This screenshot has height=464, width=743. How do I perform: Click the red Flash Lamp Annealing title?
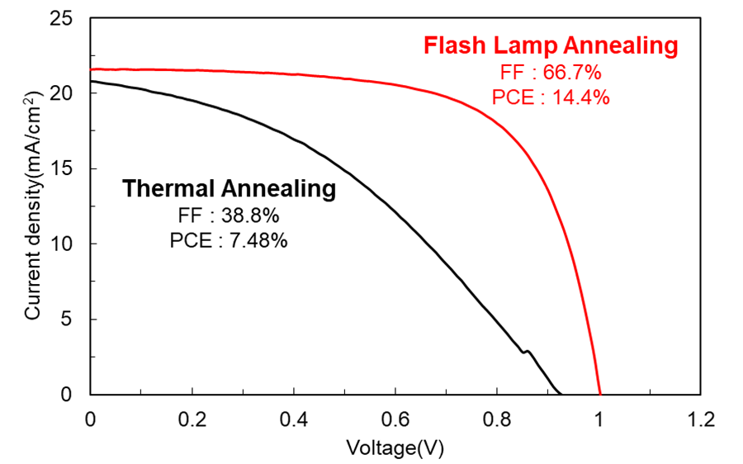pyautogui.click(x=551, y=45)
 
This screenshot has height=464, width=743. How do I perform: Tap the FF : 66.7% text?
pyautogui.click(x=551, y=73)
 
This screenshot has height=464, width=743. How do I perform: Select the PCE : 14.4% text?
pyautogui.click(x=551, y=97)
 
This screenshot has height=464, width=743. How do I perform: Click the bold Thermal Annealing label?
pyautogui.click(x=230, y=189)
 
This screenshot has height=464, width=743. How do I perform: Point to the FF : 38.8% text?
pyautogui.click(x=230, y=216)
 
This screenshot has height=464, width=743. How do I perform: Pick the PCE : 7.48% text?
pyautogui.click(x=230, y=241)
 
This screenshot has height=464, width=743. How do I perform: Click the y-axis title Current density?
pyautogui.click(x=34, y=206)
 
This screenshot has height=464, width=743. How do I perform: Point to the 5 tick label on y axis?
pyautogui.click(x=73, y=320)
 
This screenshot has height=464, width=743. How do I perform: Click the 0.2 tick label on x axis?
pyautogui.click(x=192, y=419)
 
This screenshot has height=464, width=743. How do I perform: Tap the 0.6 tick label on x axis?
pyautogui.click(x=395, y=419)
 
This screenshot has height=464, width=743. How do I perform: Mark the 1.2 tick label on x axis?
pyautogui.click(x=701, y=419)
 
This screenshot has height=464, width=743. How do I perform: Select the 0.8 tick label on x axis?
pyautogui.click(x=497, y=419)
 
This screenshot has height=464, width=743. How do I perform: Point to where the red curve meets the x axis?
pyautogui.click(x=600, y=394)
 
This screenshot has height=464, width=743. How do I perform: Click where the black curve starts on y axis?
pyautogui.click(x=92, y=81)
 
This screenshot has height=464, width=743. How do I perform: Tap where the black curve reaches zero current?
pyautogui.click(x=561, y=393)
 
